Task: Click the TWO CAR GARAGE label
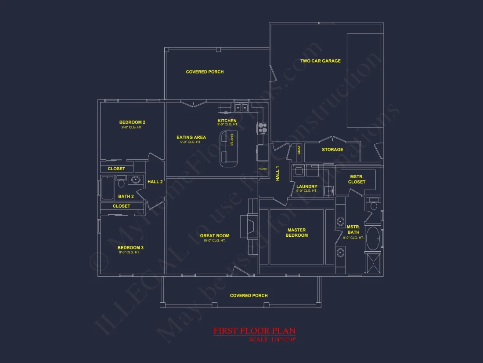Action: point(320,61)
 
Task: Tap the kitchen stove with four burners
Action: point(263,128)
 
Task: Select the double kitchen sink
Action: point(241,107)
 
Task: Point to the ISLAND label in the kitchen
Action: point(232,140)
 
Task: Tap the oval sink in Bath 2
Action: point(136,180)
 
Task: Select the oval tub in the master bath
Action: point(374,238)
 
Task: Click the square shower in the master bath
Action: point(374,263)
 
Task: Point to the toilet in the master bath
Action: point(374,205)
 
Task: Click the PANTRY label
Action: point(263,169)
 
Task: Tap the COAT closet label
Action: point(299,150)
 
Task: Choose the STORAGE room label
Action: point(332,150)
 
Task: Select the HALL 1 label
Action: point(278,173)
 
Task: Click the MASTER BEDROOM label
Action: point(296,233)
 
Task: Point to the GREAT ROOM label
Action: point(215,236)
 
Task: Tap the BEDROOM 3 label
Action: point(130,248)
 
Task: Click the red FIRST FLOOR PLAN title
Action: point(254,331)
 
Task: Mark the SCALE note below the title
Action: point(272,339)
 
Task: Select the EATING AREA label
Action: point(191,138)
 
